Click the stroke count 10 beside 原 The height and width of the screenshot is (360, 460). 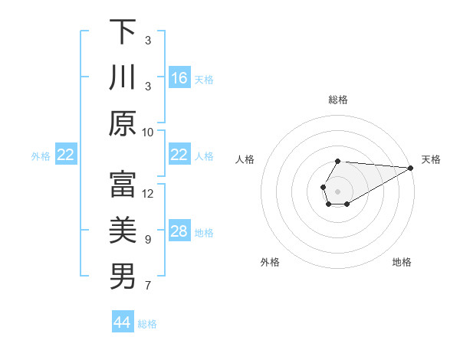click(148, 132)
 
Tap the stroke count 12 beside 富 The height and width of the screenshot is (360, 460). click(148, 194)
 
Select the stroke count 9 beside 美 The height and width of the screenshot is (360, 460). click(148, 240)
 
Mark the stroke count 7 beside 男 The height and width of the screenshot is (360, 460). click(148, 286)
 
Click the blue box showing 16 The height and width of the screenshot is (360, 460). click(179, 77)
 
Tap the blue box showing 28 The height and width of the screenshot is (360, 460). click(179, 231)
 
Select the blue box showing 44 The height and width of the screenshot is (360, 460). click(122, 322)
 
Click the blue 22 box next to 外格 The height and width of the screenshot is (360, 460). click(65, 155)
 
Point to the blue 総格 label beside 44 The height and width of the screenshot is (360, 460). click(147, 324)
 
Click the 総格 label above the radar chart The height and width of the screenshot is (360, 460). click(338, 100)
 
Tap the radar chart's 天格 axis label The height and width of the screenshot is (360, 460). click(431, 159)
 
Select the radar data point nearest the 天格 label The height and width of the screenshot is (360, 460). click(411, 168)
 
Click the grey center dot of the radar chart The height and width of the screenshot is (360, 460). click(337, 190)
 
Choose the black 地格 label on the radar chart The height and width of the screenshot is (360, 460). click(402, 263)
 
